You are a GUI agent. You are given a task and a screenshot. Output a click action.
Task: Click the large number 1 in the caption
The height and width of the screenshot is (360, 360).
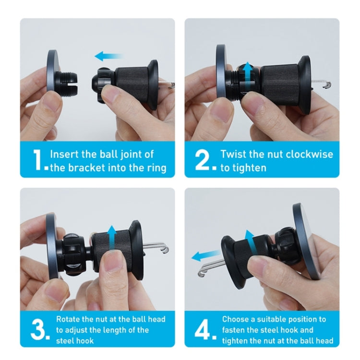[x=38, y=160]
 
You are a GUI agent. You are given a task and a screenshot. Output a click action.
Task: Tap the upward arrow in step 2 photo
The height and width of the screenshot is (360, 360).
[x=248, y=72]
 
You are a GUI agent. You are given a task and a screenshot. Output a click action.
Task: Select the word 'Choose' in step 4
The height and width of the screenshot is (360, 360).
[x=237, y=319]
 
